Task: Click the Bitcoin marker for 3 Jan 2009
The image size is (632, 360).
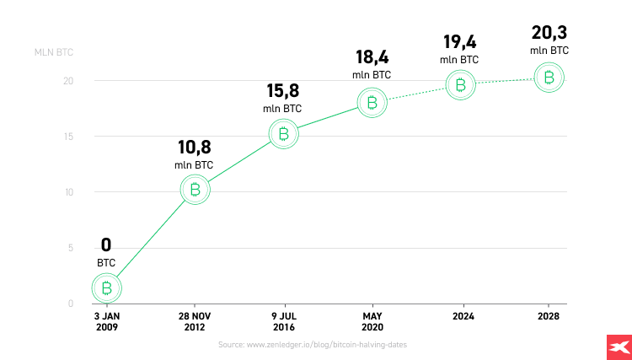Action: (x=106, y=289)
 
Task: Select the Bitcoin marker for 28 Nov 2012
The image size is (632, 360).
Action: (x=195, y=190)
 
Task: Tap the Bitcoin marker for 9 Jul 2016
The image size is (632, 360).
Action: (x=284, y=134)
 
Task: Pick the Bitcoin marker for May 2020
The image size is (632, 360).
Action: (x=372, y=103)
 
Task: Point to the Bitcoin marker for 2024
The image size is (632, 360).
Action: (x=461, y=84)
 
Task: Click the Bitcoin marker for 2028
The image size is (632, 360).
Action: (x=549, y=78)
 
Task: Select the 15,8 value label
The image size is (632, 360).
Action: (x=283, y=91)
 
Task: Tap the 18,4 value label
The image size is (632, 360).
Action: (x=372, y=58)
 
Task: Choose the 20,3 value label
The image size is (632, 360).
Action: (x=549, y=33)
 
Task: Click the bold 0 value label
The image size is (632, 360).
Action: (x=106, y=245)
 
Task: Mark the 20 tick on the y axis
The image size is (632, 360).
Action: (x=68, y=81)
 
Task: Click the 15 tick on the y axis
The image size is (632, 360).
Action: (x=68, y=137)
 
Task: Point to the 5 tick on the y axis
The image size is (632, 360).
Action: (x=71, y=248)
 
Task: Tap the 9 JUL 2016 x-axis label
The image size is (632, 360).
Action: (x=284, y=321)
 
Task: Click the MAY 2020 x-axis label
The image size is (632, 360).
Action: (x=372, y=321)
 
